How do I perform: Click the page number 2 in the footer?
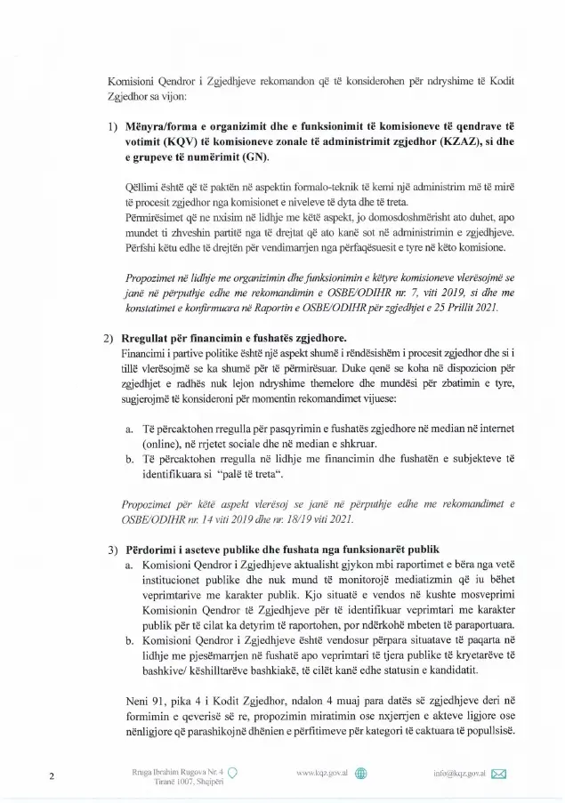(52, 776)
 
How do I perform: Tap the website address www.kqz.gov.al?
(321, 773)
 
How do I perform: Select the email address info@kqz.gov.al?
(459, 773)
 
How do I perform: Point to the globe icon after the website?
(361, 773)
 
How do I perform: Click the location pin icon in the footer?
(232, 772)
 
